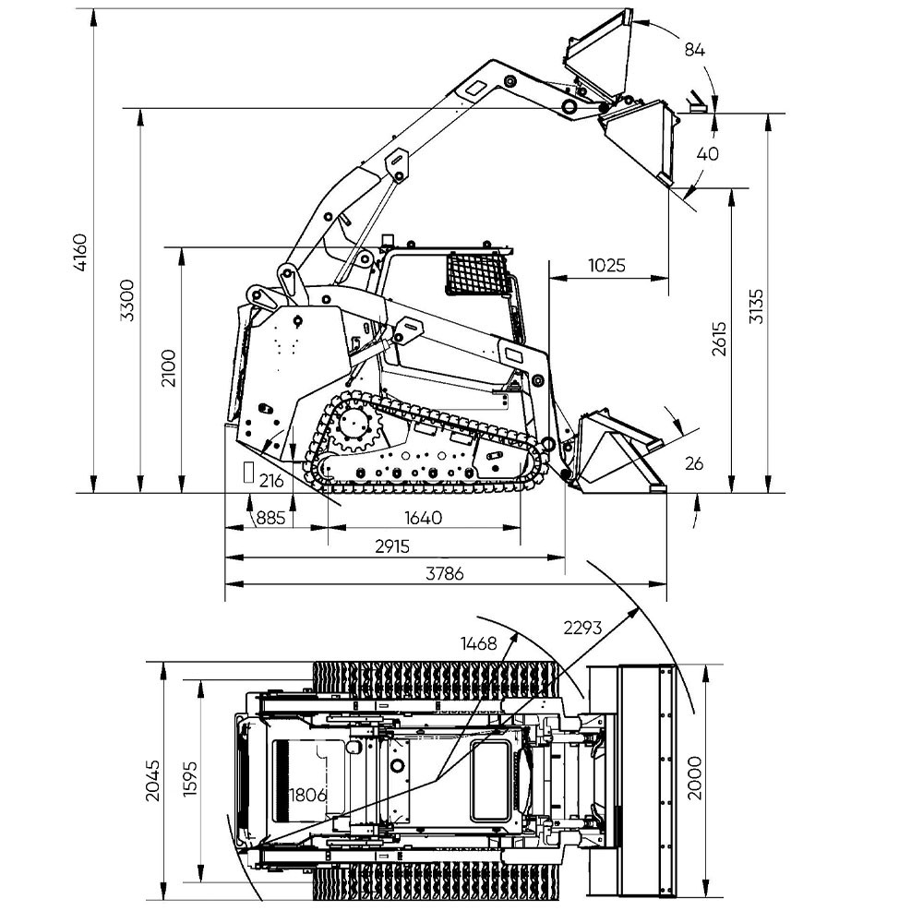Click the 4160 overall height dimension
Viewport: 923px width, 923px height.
(80, 253)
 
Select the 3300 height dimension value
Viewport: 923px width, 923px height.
(127, 300)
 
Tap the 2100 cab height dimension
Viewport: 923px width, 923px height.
(169, 368)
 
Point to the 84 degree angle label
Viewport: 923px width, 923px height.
(695, 50)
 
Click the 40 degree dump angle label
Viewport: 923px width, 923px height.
(708, 153)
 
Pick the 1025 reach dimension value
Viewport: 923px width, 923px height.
(607, 265)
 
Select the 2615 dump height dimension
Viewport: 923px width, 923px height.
(719, 339)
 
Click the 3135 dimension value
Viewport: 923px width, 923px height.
(757, 306)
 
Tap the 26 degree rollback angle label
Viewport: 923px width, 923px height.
(694, 464)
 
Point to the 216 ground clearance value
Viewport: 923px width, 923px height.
(271, 480)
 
